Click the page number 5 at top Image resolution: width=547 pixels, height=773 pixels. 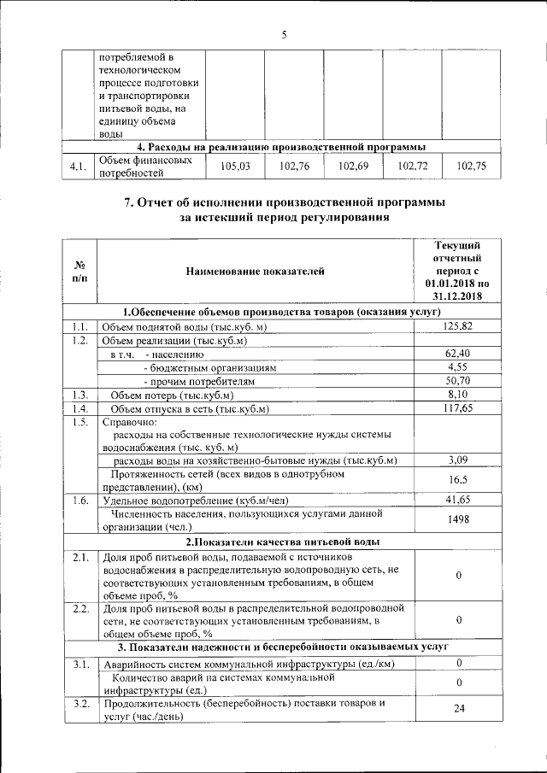pos(283,34)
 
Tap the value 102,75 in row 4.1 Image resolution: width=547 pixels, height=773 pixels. pos(472,167)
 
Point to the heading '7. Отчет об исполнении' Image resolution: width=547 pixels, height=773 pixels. pos(283,202)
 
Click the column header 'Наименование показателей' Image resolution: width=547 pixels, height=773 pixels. pos(255,272)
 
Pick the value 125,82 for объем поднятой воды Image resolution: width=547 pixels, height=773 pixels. pos(458,326)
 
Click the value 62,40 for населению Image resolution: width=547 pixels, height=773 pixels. pos(458,354)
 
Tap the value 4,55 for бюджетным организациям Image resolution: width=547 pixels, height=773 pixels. pos(458,367)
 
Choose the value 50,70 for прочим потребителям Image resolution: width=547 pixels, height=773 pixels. pos(458,381)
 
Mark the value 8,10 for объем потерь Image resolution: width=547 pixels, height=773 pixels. pos(458,395)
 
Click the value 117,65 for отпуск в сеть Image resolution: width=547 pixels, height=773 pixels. pos(458,408)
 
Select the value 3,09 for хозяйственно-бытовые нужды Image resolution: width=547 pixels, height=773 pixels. pos(458,460)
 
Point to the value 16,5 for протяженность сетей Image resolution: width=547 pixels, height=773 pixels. pos(458,480)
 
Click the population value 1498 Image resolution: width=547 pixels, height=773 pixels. pos(458,519)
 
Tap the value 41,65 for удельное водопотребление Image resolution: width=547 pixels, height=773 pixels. pos(458,500)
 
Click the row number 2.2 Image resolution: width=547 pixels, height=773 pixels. pos(80,608)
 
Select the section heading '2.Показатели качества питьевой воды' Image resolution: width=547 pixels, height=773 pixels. pos(283,542)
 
